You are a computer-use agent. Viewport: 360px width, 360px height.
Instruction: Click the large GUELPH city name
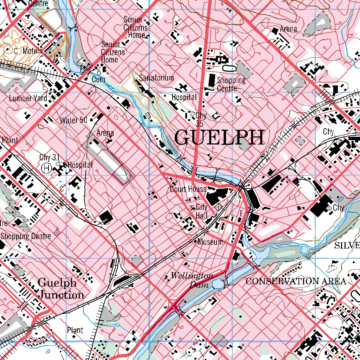tap(219, 137)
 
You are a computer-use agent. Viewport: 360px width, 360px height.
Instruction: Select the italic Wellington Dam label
tap(192, 280)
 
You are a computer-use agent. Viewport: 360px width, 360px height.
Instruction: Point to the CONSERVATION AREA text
tap(296, 281)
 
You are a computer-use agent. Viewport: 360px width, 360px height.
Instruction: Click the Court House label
tap(188, 189)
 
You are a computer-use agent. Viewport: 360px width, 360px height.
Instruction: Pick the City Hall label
tap(202, 211)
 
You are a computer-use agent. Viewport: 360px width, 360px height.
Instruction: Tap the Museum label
tap(210, 242)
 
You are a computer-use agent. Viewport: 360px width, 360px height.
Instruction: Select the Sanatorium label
tap(156, 78)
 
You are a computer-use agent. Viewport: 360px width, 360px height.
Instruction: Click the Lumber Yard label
tap(28, 98)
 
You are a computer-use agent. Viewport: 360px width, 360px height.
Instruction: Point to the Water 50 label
tap(73, 120)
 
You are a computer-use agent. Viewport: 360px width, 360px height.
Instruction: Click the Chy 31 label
tap(49, 157)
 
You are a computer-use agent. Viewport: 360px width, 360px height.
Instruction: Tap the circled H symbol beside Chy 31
tap(46, 168)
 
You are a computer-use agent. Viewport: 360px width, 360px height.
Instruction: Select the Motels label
tap(32, 51)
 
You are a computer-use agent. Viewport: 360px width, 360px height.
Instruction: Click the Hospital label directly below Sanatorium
tap(184, 97)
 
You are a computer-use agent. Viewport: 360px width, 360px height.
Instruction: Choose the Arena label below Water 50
tap(105, 133)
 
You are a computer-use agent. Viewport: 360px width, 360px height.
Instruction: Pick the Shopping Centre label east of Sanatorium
tap(231, 84)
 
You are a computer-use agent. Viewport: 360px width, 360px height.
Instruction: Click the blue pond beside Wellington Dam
tap(217, 283)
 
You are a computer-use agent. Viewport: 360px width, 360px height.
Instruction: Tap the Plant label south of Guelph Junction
tap(75, 330)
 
